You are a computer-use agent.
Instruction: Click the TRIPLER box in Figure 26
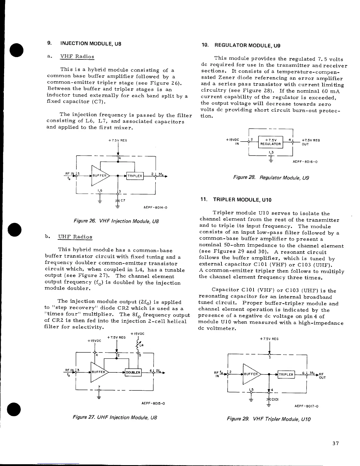click(x=135, y=176)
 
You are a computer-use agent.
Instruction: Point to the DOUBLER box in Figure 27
click(x=133, y=372)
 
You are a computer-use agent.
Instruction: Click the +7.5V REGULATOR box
click(x=270, y=142)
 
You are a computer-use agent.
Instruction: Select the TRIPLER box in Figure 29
click(x=286, y=374)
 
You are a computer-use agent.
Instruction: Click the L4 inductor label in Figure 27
click(x=141, y=345)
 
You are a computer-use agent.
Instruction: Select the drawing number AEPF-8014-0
click(x=156, y=207)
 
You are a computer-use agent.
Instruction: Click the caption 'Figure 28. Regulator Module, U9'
click(x=271, y=178)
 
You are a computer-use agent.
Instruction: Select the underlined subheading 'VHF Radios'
click(x=77, y=56)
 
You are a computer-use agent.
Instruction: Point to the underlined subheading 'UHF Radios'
click(x=75, y=237)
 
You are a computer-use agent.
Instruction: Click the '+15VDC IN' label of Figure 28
click(x=236, y=142)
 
